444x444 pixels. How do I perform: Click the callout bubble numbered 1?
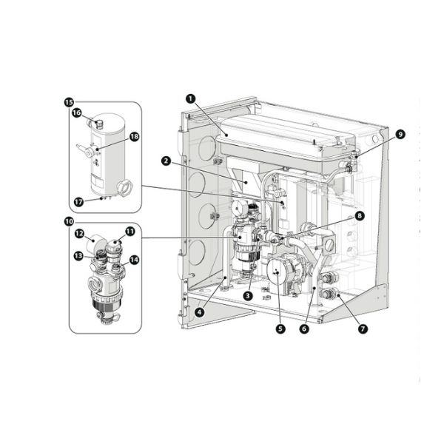tap(191, 99)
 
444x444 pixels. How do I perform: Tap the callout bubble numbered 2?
tap(166, 161)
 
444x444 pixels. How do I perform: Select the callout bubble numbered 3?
tap(248, 296)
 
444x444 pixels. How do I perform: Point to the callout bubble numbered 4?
tap(200, 312)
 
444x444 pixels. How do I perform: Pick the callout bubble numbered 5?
tap(280, 329)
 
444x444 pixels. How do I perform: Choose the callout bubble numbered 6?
tap(304, 329)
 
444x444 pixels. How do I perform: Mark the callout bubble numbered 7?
tap(363, 329)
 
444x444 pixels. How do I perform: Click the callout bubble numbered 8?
tap(360, 216)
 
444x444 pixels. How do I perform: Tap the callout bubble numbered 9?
tap(400, 134)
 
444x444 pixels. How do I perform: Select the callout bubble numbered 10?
tap(69, 222)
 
